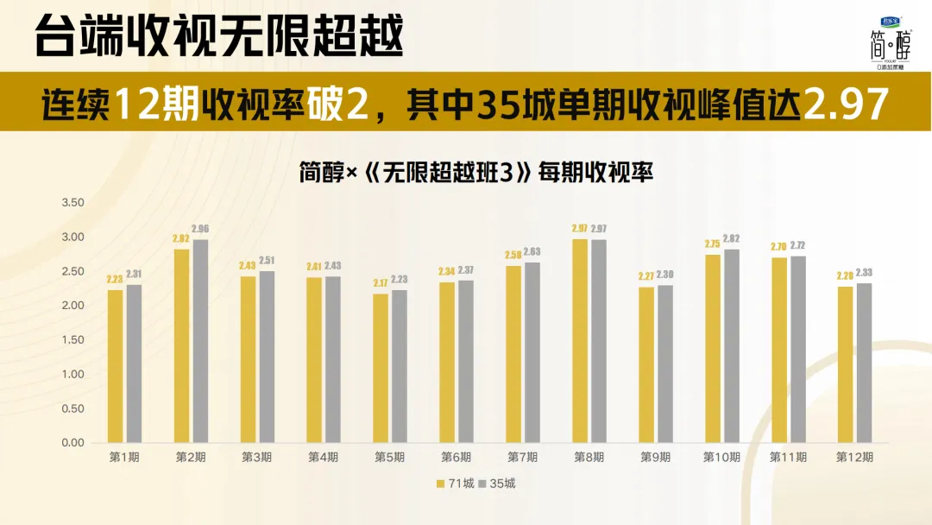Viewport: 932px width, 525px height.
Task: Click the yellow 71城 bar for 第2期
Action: coord(181,345)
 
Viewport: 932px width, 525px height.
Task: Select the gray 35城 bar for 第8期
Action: coord(599,340)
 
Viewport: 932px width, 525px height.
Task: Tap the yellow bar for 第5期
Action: coord(381,368)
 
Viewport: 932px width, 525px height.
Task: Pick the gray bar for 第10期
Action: coord(732,345)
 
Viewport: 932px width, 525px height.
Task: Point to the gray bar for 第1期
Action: coord(134,364)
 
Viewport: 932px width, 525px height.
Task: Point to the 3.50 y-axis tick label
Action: coord(72,203)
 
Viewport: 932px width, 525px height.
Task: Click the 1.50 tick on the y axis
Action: coord(72,340)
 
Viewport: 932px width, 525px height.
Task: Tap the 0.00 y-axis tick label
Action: coord(72,443)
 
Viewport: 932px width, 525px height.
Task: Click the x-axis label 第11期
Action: coord(787,457)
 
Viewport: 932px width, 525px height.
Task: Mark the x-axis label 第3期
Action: coord(256,457)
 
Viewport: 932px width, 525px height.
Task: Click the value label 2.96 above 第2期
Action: coord(200,229)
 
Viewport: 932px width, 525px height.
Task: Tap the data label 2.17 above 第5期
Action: coord(381,283)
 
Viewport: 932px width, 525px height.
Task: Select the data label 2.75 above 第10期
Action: coord(712,244)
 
